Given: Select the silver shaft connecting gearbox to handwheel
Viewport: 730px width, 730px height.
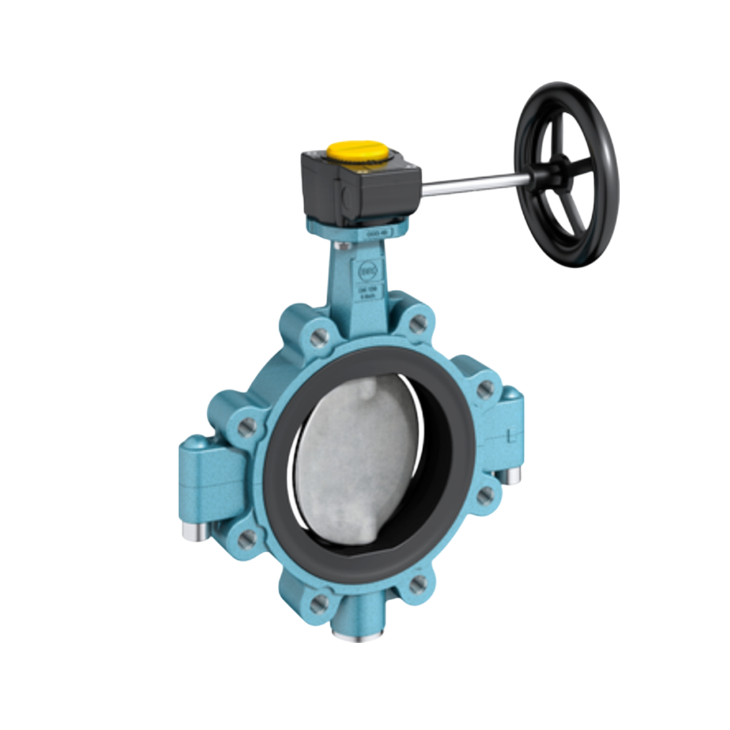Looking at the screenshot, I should tap(473, 184).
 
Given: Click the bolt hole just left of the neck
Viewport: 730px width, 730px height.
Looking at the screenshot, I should tap(321, 335).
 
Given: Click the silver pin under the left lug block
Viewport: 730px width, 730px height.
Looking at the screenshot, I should tap(192, 532).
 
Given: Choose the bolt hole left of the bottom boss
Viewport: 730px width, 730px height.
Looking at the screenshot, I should tap(320, 602).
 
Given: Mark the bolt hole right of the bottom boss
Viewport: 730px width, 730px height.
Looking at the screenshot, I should tap(418, 583).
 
